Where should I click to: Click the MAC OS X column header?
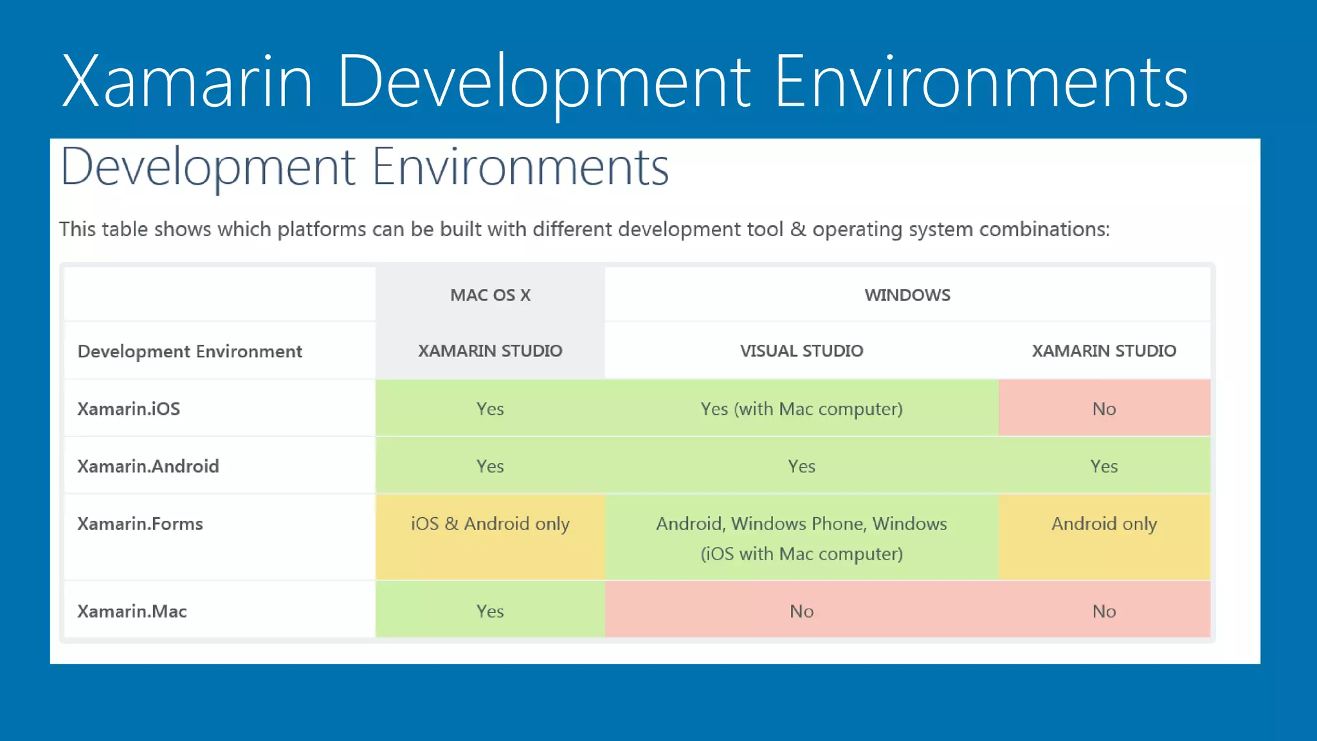(x=490, y=295)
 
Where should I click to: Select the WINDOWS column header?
(x=907, y=295)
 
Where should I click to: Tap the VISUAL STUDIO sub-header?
(x=801, y=351)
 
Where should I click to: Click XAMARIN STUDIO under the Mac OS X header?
(x=490, y=351)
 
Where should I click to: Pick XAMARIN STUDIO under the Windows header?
(x=1104, y=351)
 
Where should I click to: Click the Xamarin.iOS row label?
(x=129, y=408)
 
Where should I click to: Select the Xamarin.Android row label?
(x=148, y=466)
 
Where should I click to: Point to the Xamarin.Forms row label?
(x=140, y=524)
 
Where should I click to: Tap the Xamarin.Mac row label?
(x=132, y=611)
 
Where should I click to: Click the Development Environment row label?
(x=190, y=351)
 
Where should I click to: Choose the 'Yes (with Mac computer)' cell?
(x=801, y=408)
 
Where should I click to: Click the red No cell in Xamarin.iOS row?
(x=1104, y=408)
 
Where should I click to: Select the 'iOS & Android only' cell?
(x=490, y=524)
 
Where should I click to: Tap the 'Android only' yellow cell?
(x=1104, y=524)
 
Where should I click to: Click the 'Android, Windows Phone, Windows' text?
(x=801, y=524)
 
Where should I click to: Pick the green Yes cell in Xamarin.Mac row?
(x=490, y=611)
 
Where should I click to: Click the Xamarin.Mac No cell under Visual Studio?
(x=801, y=611)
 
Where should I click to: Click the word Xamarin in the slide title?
(x=186, y=82)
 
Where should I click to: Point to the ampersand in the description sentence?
(x=797, y=229)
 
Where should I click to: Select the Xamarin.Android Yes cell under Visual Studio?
(x=801, y=466)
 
